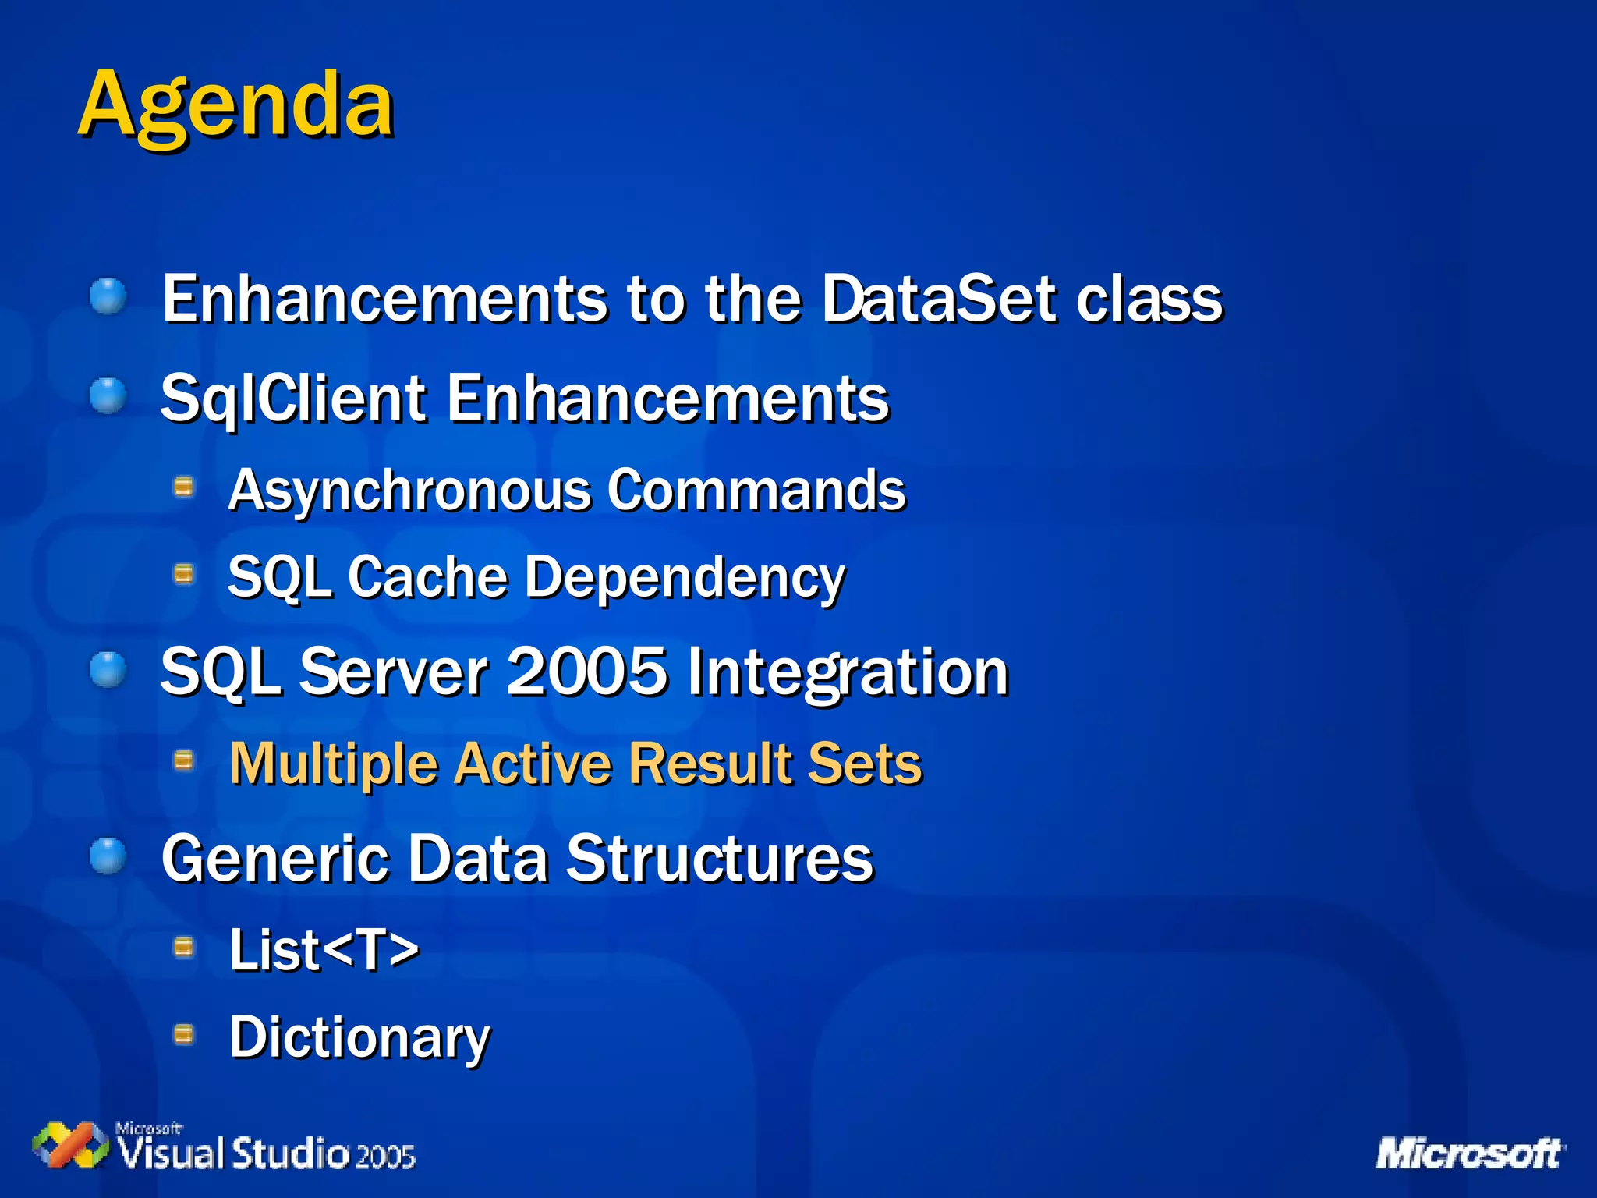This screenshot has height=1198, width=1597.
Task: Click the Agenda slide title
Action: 235,105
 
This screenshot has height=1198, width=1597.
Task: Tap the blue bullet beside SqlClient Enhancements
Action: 108,396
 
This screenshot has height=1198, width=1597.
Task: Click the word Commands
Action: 756,490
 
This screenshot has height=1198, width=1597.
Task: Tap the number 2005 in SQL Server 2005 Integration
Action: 587,671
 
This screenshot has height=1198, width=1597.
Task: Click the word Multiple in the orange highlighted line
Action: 334,764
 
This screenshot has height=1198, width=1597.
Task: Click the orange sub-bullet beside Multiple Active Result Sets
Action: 183,760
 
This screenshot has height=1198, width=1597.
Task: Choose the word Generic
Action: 274,858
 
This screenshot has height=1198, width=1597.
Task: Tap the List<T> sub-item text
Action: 324,950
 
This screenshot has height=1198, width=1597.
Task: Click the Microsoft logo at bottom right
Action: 1469,1153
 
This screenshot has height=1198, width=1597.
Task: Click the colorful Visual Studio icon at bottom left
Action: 70,1145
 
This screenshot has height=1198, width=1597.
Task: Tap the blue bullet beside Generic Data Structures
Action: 108,856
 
